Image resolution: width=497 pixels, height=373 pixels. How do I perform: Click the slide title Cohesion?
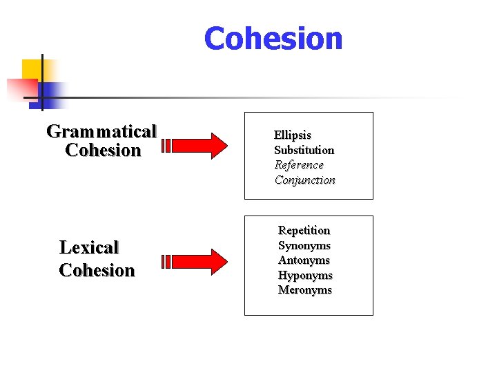click(273, 39)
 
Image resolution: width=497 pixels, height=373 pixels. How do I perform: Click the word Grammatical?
click(101, 131)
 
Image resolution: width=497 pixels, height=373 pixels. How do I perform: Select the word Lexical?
click(89, 247)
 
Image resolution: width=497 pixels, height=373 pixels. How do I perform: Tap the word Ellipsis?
click(293, 135)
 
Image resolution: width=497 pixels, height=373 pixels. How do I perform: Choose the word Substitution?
click(304, 150)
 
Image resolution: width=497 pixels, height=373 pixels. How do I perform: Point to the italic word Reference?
click(299, 165)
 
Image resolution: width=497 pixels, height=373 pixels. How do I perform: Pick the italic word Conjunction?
click(305, 180)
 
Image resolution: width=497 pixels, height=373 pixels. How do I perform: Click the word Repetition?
click(304, 230)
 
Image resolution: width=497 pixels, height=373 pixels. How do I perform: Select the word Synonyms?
click(304, 245)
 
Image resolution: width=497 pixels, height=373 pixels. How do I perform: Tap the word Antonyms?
click(304, 260)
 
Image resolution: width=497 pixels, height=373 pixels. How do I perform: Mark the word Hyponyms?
click(305, 276)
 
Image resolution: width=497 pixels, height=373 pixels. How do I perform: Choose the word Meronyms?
click(305, 290)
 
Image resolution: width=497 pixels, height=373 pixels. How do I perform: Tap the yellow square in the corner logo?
click(30, 68)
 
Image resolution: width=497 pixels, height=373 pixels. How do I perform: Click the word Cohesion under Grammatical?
click(103, 151)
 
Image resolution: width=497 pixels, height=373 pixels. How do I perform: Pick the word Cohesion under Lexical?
click(97, 270)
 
